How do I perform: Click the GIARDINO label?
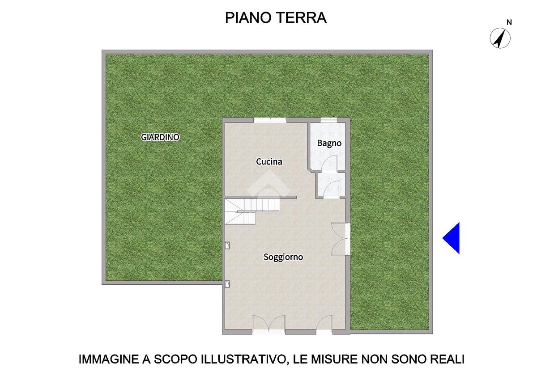[x=160, y=137]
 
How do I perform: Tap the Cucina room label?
[x=269, y=162]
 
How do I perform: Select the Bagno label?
[x=329, y=144]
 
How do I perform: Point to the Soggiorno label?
[x=283, y=257]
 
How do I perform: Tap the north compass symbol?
[x=500, y=38]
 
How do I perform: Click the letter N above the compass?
[x=509, y=22]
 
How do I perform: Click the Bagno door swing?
[x=330, y=164]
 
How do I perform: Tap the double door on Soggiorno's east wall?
[x=340, y=238]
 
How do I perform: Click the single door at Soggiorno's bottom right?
[x=324, y=324]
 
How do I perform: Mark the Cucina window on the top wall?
[x=270, y=120]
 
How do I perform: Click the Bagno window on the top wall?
[x=329, y=120]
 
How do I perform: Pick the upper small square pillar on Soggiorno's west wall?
[x=227, y=245]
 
